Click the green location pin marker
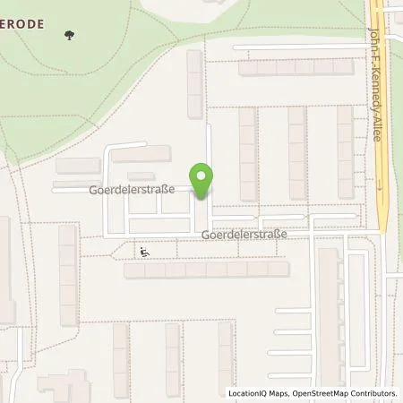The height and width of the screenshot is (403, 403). click(202, 180)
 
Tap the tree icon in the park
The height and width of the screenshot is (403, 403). click(69, 36)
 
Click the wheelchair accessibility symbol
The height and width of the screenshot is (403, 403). click(145, 253)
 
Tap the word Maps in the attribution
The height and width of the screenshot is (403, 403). click(279, 393)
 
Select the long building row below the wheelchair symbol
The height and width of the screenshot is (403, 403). click(206, 269)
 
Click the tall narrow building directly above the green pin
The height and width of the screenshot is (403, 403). click(194, 83)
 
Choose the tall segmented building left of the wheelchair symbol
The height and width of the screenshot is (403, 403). click(68, 274)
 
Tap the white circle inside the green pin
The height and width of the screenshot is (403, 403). click(202, 175)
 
